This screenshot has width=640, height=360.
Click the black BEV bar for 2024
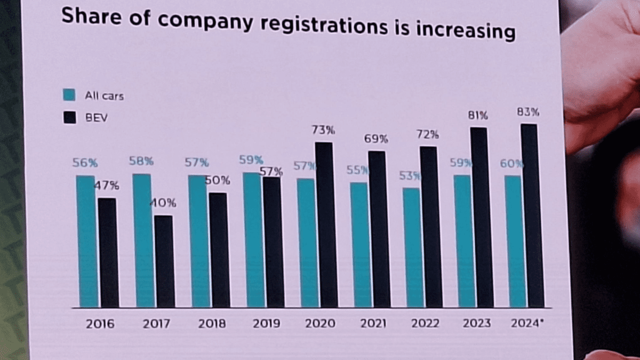(x=532, y=216)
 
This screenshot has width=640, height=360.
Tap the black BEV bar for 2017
(x=164, y=261)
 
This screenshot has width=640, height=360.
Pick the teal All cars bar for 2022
(x=411, y=247)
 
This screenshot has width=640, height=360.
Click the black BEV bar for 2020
(x=326, y=225)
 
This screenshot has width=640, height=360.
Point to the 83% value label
(x=528, y=112)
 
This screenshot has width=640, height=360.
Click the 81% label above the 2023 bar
(x=478, y=115)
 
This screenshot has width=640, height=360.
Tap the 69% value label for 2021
(x=377, y=139)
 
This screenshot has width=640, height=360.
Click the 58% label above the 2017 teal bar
(x=141, y=161)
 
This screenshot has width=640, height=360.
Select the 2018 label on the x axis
(x=212, y=324)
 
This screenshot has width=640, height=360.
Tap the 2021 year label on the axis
(x=373, y=324)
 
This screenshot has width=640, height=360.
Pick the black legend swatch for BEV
(x=69, y=117)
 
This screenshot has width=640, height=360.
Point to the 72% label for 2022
(x=428, y=134)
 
